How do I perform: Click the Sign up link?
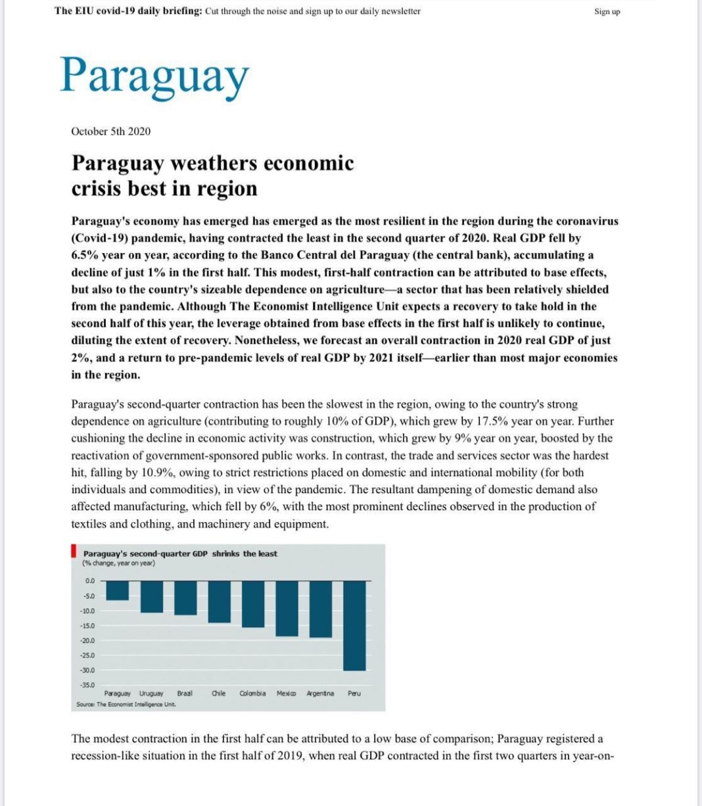pos(607,11)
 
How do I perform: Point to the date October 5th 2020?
pos(110,131)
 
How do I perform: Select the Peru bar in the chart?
pos(354,625)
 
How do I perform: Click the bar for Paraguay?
pos(118,590)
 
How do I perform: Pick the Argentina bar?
pos(321,609)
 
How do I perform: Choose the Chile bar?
pos(220,602)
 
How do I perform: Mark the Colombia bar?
pos(253,604)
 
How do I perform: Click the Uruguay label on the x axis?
pos(151,694)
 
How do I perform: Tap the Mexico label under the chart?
pos(286,694)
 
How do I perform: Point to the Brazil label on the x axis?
pos(185,694)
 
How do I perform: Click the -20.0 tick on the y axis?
pos(87,640)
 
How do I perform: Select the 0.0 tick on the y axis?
pos(90,581)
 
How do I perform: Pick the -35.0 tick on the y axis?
pos(87,685)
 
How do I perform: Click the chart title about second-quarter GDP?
pos(180,554)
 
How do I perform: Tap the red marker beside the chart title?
pos(74,550)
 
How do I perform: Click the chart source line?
pos(126,704)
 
